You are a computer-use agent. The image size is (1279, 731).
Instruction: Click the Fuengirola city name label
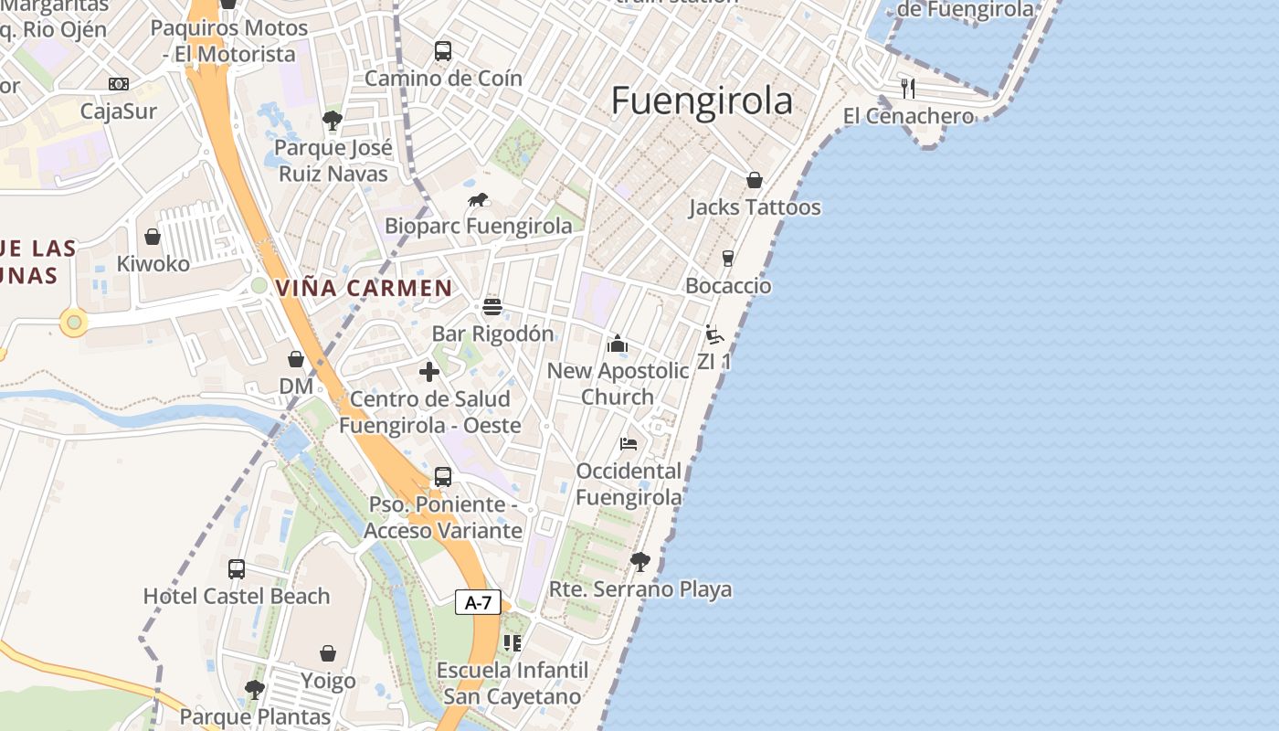click(702, 101)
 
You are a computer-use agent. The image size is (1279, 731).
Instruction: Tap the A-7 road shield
click(478, 603)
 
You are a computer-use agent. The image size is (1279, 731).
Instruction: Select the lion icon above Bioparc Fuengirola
click(478, 200)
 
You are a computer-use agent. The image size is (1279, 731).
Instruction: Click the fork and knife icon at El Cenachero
click(908, 89)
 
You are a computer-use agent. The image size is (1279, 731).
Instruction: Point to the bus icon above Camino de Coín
click(443, 51)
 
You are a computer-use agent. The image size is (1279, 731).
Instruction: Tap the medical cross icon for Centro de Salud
click(429, 372)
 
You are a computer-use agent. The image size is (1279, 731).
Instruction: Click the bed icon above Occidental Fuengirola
click(629, 444)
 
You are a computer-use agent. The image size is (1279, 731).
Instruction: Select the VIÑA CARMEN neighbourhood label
click(364, 288)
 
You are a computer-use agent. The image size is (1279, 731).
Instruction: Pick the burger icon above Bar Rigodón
click(492, 306)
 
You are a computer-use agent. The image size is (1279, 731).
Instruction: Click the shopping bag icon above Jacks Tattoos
click(755, 180)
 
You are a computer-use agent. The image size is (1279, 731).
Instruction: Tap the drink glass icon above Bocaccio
click(728, 259)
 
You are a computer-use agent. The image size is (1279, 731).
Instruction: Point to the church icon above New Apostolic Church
click(618, 344)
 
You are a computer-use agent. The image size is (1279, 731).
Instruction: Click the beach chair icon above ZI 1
click(714, 334)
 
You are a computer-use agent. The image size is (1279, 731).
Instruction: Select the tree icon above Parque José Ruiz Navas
click(333, 121)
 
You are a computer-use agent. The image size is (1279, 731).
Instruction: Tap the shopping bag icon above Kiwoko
click(153, 237)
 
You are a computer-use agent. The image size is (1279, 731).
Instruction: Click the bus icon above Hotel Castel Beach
click(237, 569)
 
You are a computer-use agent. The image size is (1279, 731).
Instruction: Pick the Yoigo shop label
click(328, 681)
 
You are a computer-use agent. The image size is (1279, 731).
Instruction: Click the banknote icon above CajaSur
click(119, 84)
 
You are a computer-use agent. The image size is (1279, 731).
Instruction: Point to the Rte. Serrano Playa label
click(640, 589)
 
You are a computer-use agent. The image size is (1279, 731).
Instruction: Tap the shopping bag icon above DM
click(296, 359)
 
